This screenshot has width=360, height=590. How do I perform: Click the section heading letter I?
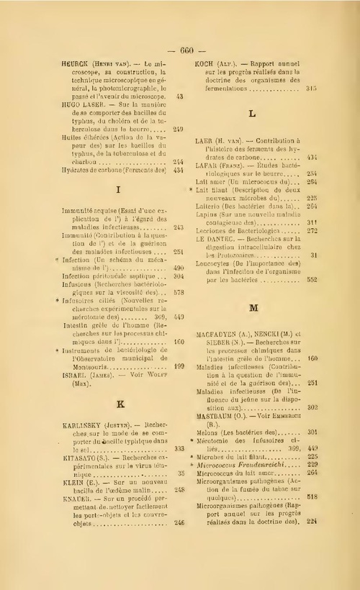(x=117, y=190)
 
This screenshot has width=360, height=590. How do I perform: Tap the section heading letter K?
(x=117, y=404)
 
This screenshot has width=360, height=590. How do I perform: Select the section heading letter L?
(x=252, y=114)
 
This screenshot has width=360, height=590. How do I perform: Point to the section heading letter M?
(x=253, y=307)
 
